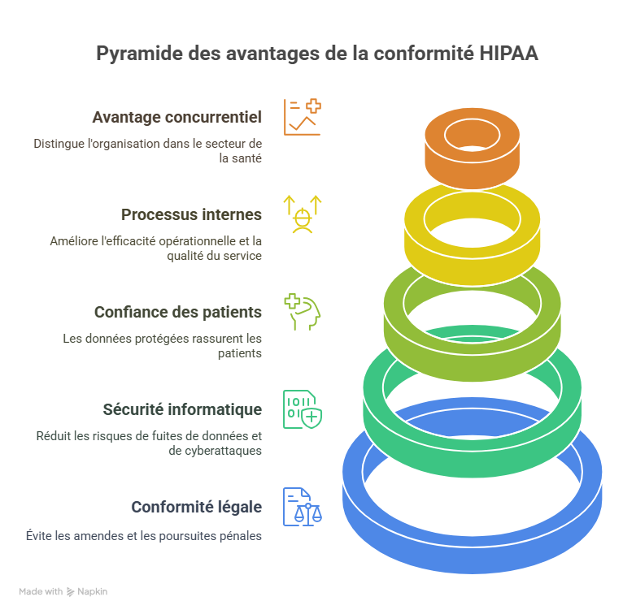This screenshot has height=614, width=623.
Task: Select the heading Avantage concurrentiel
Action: coord(176,117)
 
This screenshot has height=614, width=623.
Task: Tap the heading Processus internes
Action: coord(191,214)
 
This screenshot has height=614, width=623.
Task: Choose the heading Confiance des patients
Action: coord(177,312)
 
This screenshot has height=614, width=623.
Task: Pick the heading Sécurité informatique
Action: coord(182,409)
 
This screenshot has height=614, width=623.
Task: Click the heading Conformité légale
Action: coord(196,507)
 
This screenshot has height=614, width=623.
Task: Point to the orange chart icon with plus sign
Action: coord(302,117)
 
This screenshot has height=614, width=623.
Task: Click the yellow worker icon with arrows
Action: coord(302,214)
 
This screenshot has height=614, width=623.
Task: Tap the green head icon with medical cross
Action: coord(302,312)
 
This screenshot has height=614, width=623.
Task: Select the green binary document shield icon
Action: coord(302,409)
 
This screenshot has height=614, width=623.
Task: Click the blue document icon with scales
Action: coord(302,507)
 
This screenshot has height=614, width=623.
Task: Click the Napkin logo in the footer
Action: coord(87,592)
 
